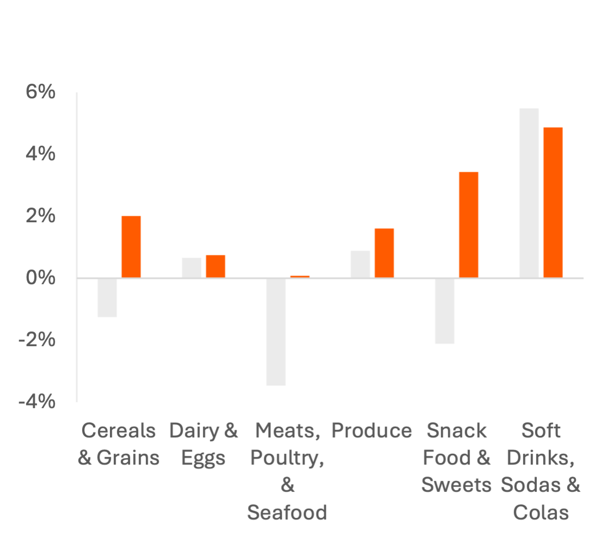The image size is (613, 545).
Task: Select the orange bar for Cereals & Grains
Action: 131,247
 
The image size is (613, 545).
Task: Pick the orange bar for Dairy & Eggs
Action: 215,266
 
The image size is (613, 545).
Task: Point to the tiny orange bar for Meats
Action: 300,277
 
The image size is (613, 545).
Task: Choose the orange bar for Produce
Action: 384,253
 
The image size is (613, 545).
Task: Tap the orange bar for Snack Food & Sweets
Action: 468,224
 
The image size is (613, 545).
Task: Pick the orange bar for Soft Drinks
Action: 553,202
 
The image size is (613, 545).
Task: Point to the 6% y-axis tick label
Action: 40,92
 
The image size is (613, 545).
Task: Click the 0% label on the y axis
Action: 40,278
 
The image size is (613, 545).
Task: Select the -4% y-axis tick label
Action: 36,403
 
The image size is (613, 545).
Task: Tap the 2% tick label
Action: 40,216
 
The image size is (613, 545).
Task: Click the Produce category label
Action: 371,431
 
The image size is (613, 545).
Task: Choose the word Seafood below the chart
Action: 287,512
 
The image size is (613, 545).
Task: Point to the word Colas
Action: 541,512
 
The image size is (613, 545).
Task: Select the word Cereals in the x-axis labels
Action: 119,431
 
